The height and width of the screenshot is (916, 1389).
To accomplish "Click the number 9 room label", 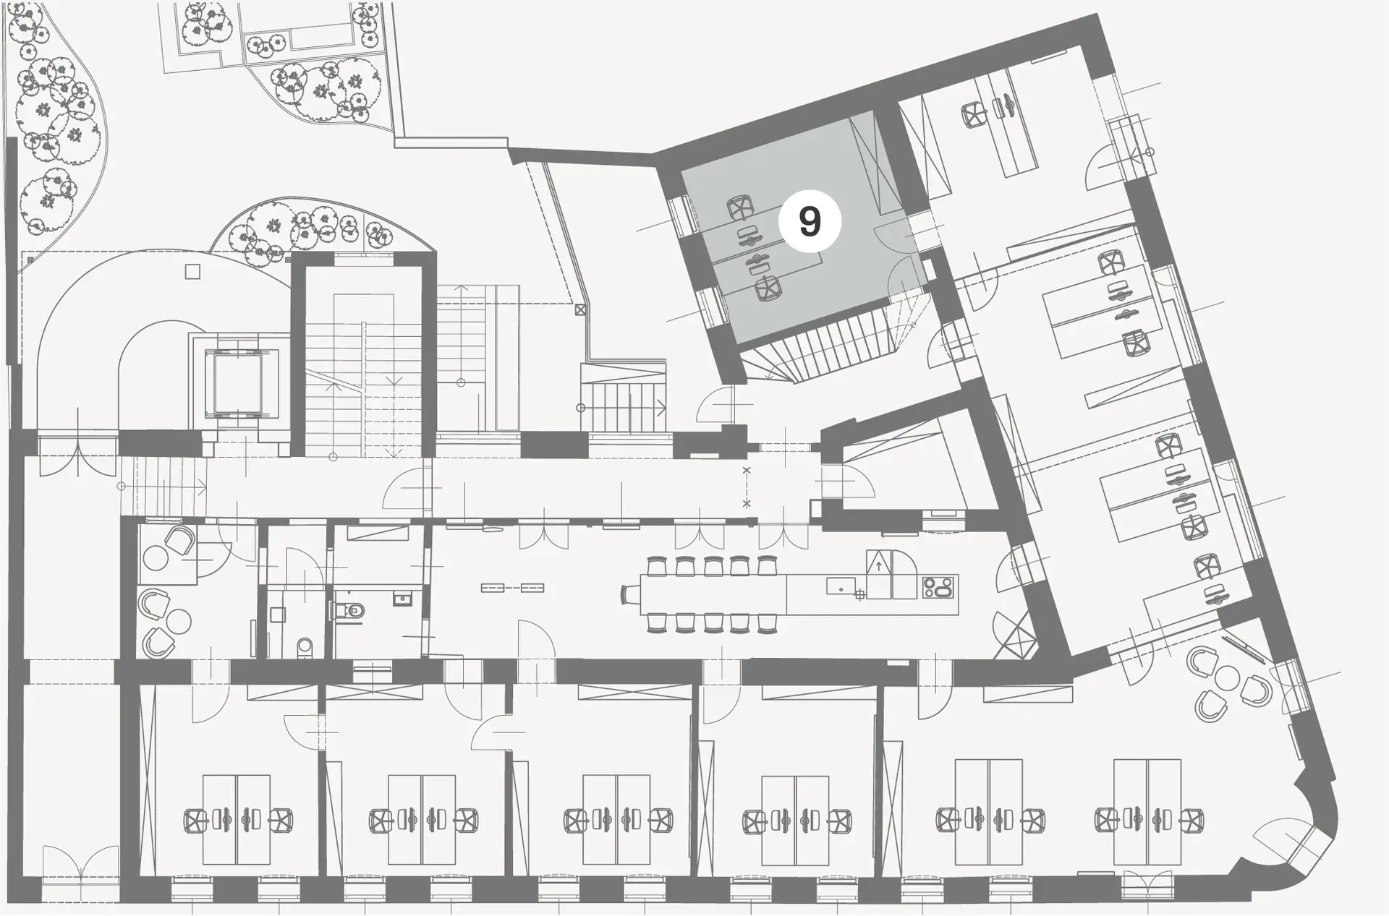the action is (810, 221).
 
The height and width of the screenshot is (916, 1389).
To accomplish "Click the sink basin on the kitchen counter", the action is (841, 586).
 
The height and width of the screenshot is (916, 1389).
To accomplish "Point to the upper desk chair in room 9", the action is (739, 208).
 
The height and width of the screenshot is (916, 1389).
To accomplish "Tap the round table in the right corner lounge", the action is (1228, 677).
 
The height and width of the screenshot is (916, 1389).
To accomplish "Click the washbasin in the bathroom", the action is (403, 598).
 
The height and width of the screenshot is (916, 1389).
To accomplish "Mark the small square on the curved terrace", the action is (192, 272).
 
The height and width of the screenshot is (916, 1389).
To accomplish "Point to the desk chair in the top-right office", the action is (974, 114).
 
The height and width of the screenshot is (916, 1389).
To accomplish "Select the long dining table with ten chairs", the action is (713, 595).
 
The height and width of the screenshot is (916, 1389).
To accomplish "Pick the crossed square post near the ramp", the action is (579, 309).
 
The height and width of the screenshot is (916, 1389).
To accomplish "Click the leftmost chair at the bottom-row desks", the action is (195, 821).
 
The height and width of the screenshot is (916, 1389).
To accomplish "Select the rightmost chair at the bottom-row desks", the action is (1191, 821).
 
